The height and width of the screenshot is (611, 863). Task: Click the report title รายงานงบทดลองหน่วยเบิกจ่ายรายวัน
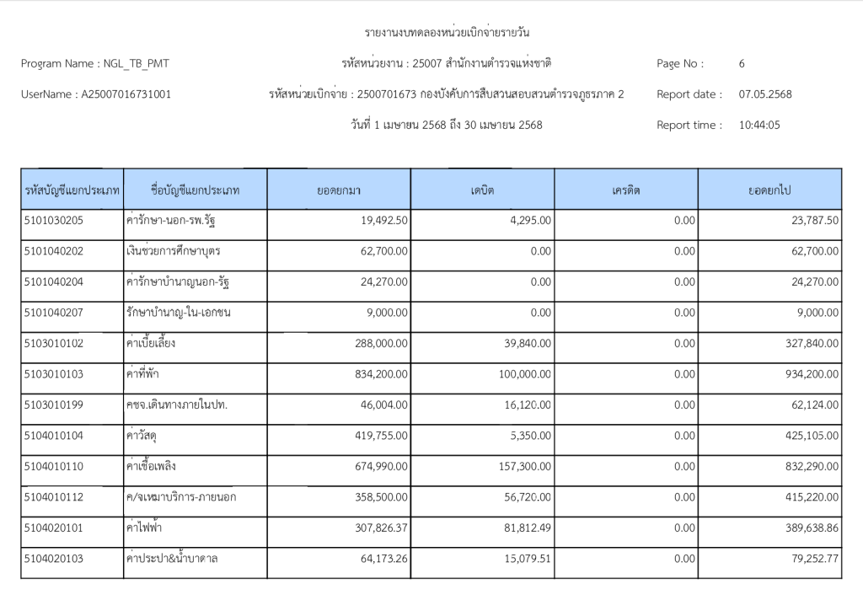pyautogui.click(x=447, y=33)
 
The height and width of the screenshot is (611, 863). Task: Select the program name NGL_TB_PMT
pyautogui.click(x=142, y=63)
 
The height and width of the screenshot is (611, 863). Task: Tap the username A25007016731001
pyautogui.click(x=126, y=94)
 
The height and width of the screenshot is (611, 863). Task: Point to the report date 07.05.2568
pyautogui.click(x=765, y=94)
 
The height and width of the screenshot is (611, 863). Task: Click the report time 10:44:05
pyautogui.click(x=759, y=125)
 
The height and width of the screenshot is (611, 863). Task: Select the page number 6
pyautogui.click(x=742, y=63)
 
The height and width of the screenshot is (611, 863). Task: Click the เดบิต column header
pyautogui.click(x=482, y=190)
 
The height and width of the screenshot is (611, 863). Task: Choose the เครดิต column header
pyautogui.click(x=626, y=190)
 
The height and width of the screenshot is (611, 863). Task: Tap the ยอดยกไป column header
pyautogui.click(x=769, y=190)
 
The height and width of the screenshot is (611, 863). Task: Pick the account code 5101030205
pyautogui.click(x=54, y=221)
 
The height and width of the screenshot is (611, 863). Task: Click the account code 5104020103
pyautogui.click(x=54, y=558)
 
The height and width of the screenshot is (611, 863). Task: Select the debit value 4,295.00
pyautogui.click(x=527, y=221)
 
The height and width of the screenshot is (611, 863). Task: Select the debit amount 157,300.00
pyautogui.click(x=521, y=466)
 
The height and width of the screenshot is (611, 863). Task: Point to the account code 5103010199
pyautogui.click(x=54, y=405)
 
